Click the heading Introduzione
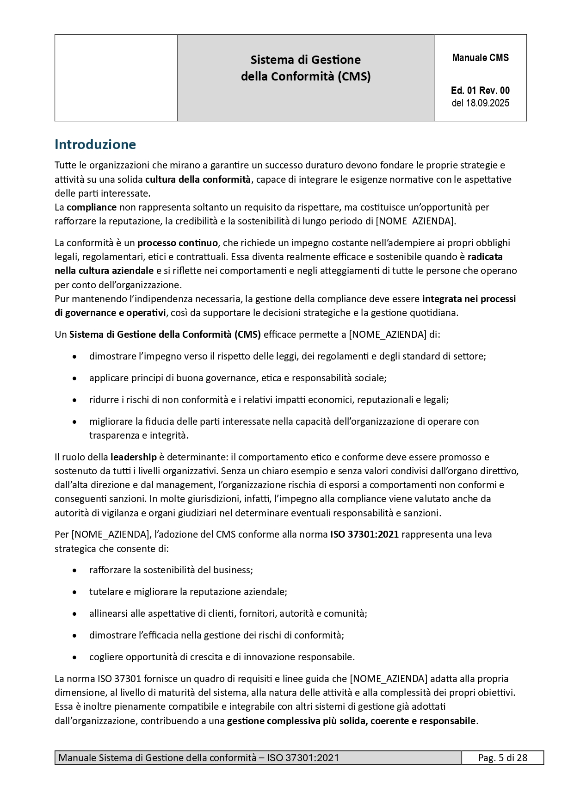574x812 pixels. [95, 145]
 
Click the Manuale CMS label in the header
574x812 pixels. [480, 58]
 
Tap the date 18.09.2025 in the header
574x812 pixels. [488, 103]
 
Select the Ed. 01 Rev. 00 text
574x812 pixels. [480, 91]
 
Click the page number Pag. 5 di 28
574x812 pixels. [502, 758]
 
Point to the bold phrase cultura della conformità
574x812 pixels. [198, 180]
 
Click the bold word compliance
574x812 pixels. [92, 207]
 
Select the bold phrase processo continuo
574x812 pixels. [177, 243]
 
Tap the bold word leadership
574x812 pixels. [133, 457]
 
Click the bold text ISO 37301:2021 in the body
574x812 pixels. [364, 534]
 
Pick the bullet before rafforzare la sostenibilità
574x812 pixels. [74, 570]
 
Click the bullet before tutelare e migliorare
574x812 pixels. [74, 592]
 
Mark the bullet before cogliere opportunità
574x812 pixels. [74, 657]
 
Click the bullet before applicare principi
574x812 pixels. [74, 378]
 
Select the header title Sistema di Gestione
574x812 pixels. [305, 60]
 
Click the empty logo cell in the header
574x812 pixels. [116, 78]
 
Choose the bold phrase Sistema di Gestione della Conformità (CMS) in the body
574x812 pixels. [165, 335]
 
